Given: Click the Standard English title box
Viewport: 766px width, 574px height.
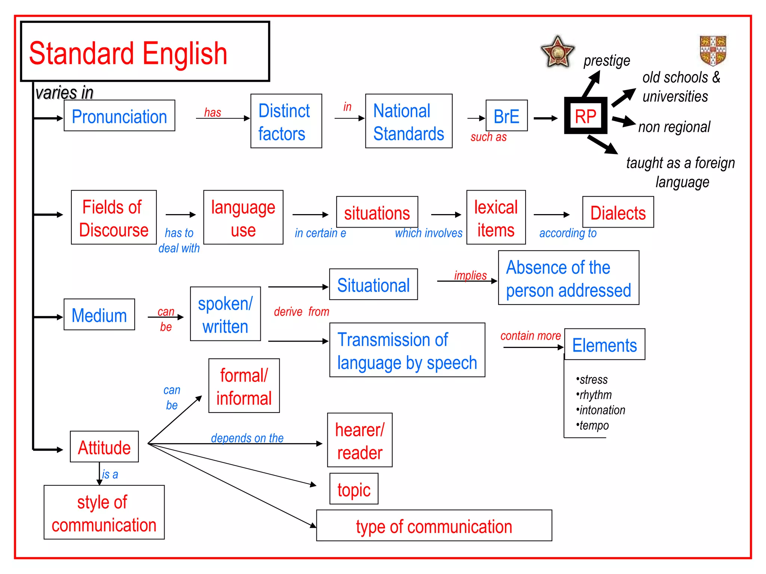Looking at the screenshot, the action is pos(145,52).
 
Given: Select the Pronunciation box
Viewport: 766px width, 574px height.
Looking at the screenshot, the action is pos(119,116).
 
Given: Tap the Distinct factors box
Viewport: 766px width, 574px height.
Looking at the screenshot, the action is pos(286,121).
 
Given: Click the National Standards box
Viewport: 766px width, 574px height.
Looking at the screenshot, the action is pos(408,121).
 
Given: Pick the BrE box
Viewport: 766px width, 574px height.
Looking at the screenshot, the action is pos(506,116).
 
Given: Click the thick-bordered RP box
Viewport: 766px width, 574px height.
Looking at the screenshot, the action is pos(585,116).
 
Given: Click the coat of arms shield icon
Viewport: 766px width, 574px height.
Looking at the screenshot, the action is pos(713,50).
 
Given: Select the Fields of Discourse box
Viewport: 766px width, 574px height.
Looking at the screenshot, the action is pos(114,217).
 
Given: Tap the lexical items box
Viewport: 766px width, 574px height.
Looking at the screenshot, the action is pos(496,217).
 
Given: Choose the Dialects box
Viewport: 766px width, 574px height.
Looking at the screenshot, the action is pos(618,212).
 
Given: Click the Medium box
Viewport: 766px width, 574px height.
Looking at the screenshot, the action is pos(99,315).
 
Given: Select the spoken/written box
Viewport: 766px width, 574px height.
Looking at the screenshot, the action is pos(225,314).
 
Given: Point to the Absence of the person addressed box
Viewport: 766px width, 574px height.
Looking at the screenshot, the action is pos(569,278).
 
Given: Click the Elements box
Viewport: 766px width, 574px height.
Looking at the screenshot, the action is pos(604,345).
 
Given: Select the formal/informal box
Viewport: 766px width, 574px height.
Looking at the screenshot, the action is pos(244,386).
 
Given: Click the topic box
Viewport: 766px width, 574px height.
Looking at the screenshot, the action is pos(354,489).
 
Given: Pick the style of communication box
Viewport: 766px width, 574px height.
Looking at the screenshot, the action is pos(104,513).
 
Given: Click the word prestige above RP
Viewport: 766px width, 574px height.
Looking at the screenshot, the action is pos(607,61).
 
